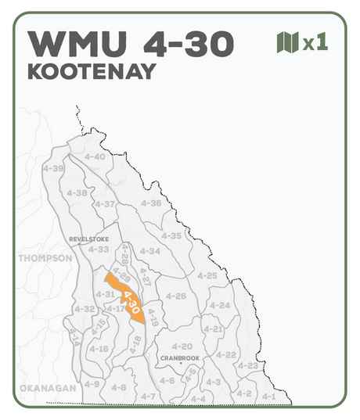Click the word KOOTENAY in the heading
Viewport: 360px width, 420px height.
(x=91, y=70)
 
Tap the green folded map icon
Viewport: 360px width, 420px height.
(x=287, y=42)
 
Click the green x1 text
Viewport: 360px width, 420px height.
(x=315, y=43)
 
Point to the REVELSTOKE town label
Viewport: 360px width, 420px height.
(x=88, y=239)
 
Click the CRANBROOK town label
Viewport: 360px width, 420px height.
(x=179, y=357)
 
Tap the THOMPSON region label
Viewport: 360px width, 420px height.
(x=45, y=258)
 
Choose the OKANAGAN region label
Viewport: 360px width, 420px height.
(x=48, y=388)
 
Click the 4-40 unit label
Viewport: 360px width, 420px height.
(x=94, y=156)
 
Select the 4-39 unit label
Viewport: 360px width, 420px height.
(x=53, y=168)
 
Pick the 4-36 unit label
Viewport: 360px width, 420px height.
(x=151, y=203)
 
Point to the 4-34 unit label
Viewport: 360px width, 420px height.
(x=150, y=251)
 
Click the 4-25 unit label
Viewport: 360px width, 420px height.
(x=207, y=276)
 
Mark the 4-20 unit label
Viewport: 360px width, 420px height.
(x=182, y=346)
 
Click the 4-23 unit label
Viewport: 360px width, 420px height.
(x=247, y=365)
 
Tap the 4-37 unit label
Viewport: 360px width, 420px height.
(x=105, y=204)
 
